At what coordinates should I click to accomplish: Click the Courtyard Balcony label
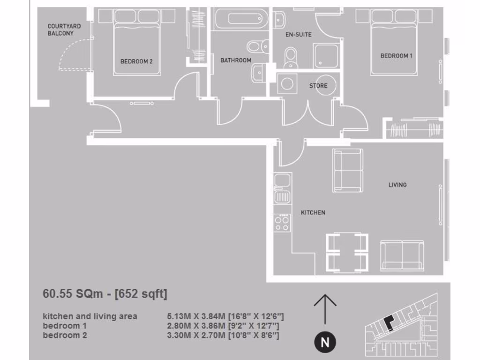click(x=64, y=30)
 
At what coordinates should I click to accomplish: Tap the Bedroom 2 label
click(x=136, y=61)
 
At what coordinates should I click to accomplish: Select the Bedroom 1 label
click(x=396, y=56)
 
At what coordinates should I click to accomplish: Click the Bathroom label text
click(x=236, y=60)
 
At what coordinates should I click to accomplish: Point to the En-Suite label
click(x=298, y=35)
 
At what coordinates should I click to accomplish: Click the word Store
click(x=318, y=86)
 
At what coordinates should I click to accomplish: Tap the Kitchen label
click(x=313, y=212)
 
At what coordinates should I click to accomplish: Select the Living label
click(x=397, y=185)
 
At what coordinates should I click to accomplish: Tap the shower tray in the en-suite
click(x=326, y=56)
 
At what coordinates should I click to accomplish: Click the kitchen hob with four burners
click(x=282, y=222)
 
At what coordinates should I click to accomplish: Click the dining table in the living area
click(x=347, y=253)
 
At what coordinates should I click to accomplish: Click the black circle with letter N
click(x=324, y=343)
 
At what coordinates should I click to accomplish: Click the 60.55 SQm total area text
click(x=105, y=294)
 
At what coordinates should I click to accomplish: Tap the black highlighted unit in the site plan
click(x=389, y=323)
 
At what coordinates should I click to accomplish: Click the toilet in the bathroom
click(x=256, y=46)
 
